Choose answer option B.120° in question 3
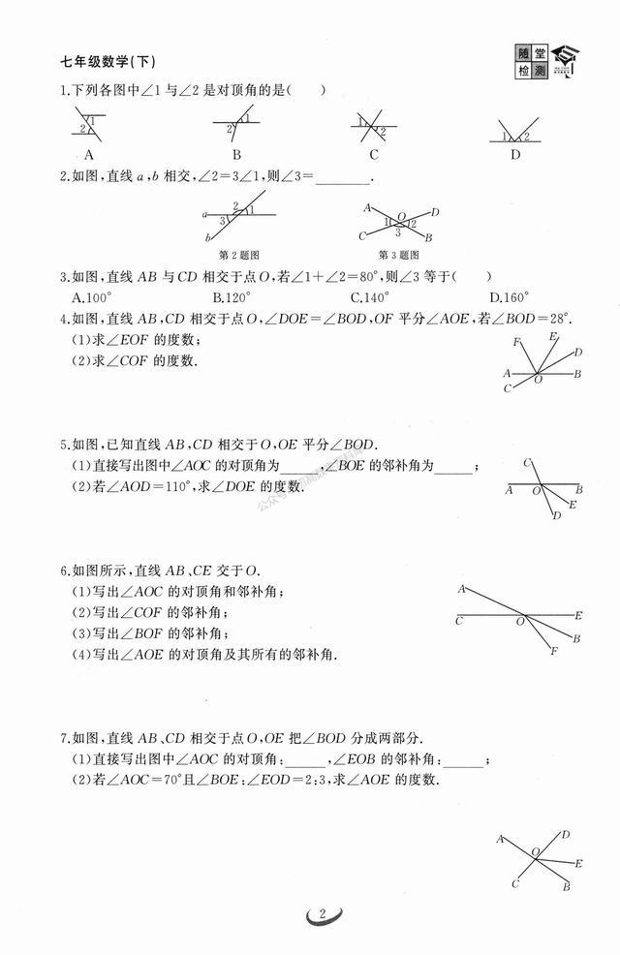tap(232, 297)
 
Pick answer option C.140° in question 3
tap(370, 297)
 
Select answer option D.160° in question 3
tap(510, 297)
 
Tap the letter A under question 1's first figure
tap(89, 154)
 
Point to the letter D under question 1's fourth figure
tap(515, 154)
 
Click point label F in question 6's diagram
tap(553, 651)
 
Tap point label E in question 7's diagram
tap(578, 862)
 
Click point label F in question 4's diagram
tap(518, 342)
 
